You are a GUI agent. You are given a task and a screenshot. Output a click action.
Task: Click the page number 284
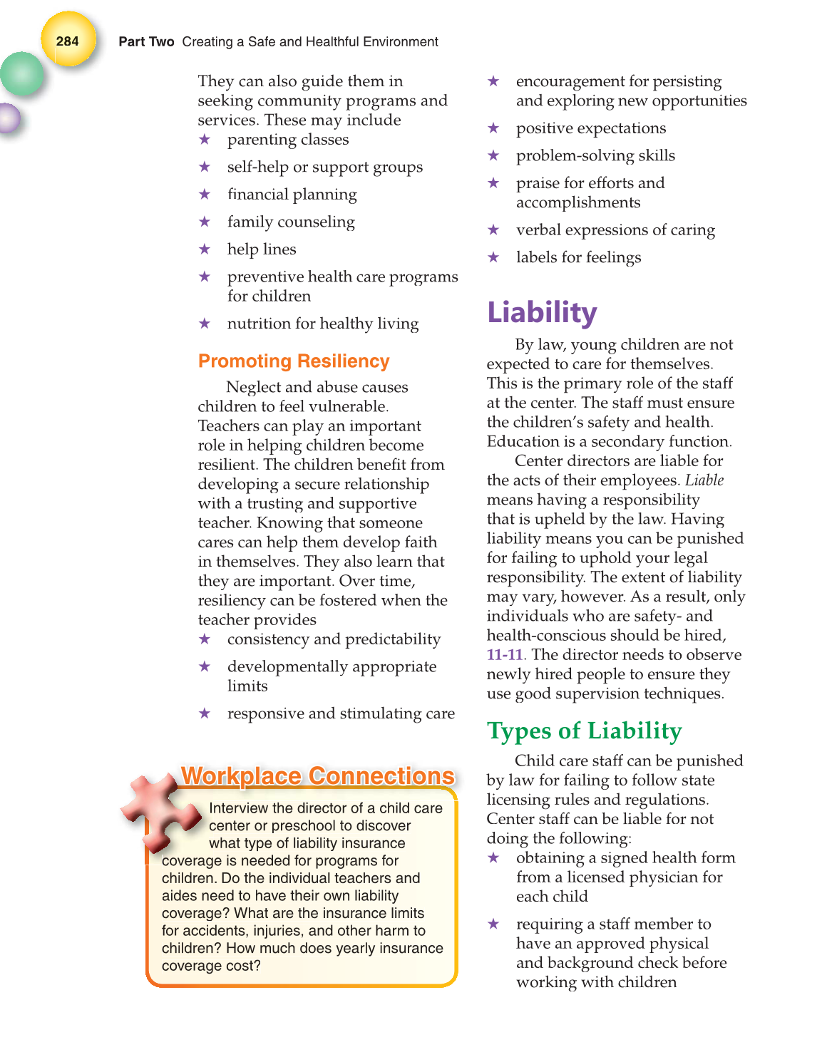68,41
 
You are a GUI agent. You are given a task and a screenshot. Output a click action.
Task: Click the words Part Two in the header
146,42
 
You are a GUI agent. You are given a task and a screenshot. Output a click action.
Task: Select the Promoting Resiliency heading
294,361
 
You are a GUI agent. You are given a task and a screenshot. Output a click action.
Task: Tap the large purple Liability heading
542,313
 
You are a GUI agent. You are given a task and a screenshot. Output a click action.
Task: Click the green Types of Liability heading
584,731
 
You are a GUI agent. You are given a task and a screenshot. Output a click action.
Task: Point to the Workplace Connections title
317,775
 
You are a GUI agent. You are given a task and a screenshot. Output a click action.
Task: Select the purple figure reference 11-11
504,654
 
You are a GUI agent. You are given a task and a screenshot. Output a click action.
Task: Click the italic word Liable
704,480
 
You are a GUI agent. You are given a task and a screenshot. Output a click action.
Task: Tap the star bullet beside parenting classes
205,140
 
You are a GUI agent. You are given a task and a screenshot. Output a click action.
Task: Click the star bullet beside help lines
205,249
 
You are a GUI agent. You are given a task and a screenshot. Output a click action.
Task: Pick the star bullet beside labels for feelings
493,257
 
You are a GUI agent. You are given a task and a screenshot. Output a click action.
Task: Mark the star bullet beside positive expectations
493,128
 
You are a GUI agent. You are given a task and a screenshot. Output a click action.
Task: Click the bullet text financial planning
292,195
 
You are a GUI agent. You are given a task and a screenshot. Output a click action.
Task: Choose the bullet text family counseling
291,222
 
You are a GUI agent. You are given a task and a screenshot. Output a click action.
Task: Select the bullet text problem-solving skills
595,155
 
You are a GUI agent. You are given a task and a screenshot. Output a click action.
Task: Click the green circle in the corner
21,74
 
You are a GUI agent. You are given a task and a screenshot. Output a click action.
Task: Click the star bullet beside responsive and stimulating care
205,713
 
